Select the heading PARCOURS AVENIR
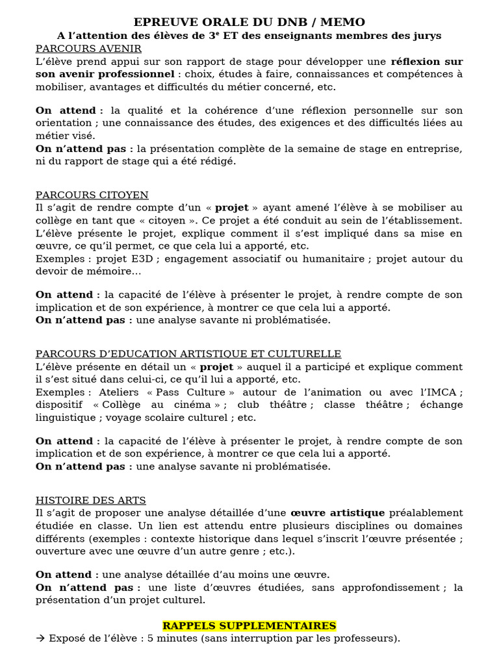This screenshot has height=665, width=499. click(x=88, y=49)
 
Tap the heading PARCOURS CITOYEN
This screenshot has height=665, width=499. click(x=92, y=195)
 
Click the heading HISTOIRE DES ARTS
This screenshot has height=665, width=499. click(x=91, y=500)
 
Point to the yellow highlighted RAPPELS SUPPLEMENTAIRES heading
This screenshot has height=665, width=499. click(x=249, y=626)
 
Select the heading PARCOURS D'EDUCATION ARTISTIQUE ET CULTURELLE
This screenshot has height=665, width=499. click(x=188, y=354)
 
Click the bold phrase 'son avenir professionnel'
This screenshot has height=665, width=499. click(x=105, y=74)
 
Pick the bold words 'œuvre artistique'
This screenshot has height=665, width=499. click(x=337, y=513)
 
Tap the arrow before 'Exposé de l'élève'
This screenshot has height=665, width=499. click(x=40, y=638)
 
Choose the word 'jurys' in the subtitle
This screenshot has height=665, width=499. click(x=426, y=36)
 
